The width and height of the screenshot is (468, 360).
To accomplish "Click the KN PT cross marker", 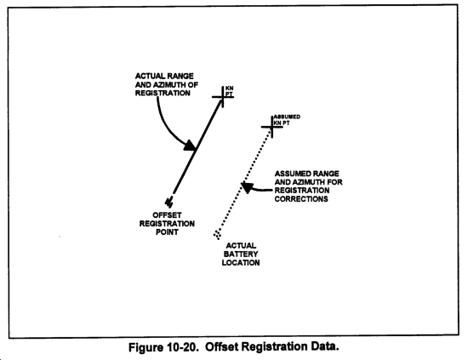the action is [x=223, y=97].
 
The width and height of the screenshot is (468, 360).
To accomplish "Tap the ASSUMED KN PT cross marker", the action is [x=272, y=127].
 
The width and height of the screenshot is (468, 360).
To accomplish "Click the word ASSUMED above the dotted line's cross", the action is [x=287, y=117].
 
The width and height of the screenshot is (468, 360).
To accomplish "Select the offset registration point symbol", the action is [x=169, y=202].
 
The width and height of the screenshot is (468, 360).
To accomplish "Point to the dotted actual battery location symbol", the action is [x=217, y=235].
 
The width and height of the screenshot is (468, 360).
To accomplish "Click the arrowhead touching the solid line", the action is [x=190, y=146].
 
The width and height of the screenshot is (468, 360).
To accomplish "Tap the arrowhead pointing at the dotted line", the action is [x=247, y=187].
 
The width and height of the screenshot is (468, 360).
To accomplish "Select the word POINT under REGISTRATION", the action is [x=167, y=232].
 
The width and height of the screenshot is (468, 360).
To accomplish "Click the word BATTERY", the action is [x=241, y=254].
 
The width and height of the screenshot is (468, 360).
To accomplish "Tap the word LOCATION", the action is [x=241, y=263].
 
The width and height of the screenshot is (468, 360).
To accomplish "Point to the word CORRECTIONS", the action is [x=301, y=199].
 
